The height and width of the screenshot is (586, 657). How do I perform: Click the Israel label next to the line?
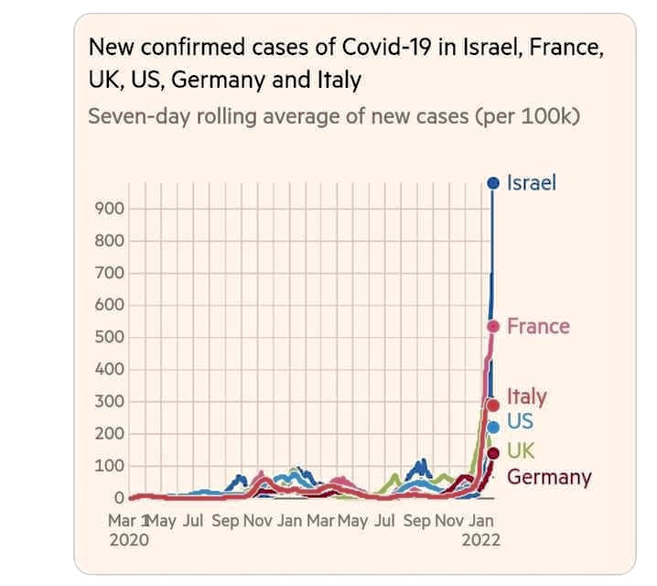point(531,183)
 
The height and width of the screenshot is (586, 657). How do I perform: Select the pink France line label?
point(538,326)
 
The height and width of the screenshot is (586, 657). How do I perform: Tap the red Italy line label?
point(526,396)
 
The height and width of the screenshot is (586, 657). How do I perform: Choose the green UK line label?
point(520,450)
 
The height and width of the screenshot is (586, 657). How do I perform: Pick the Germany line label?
point(549,477)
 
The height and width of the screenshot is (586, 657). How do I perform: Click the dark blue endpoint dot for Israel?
point(493,183)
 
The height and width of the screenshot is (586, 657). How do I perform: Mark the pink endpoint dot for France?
point(493,326)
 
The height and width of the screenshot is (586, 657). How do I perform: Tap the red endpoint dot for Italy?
point(493,405)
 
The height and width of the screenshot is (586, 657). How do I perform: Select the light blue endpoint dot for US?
point(493,426)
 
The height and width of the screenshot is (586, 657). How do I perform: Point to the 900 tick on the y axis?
point(109,209)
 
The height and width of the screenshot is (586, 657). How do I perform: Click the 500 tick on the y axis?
point(109,338)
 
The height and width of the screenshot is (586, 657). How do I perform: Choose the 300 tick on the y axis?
point(109,402)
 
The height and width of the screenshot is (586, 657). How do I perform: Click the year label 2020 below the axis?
point(128,538)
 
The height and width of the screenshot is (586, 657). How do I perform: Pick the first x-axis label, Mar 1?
point(130,521)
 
